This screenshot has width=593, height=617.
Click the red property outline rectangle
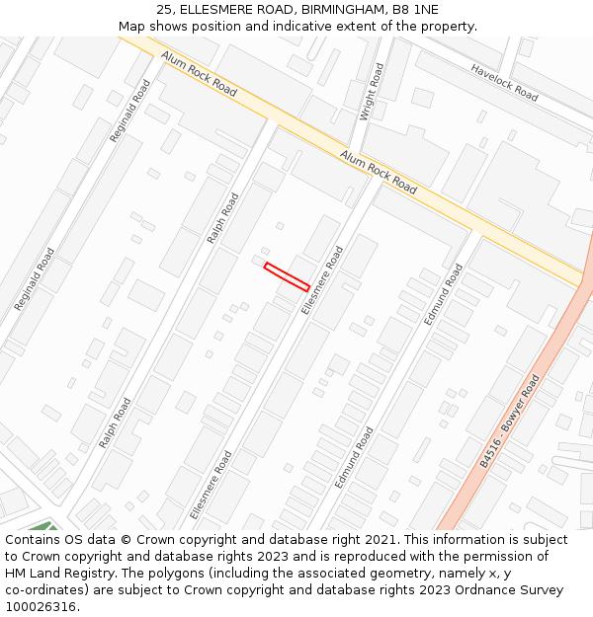pos(287,276)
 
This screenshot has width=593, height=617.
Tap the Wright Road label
pos(372,92)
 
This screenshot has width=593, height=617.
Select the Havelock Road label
pos(504,83)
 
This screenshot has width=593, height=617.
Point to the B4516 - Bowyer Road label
pos(510,421)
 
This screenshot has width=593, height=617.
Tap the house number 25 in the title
pos(164,10)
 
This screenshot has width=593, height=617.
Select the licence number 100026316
pos(42,607)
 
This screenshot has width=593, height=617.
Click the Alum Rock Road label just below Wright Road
pos(379,171)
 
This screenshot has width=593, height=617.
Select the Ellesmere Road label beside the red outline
pos(322,279)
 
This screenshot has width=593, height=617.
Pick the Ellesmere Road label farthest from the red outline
pos(211,484)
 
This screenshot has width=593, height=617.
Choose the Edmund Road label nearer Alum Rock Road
pos(443,294)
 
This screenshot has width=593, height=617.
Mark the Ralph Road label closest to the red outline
pos(222,217)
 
